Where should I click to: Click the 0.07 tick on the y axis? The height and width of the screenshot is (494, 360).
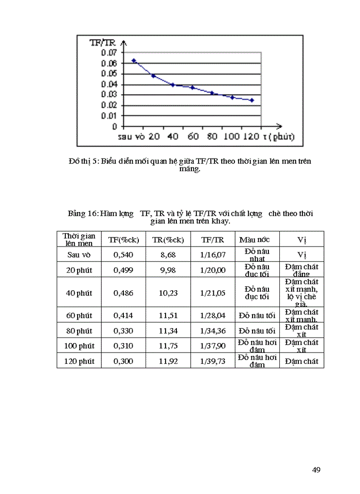click(109, 52)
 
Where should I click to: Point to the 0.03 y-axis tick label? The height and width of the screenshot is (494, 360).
click(109, 95)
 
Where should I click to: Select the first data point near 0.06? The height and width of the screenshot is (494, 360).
click(134, 60)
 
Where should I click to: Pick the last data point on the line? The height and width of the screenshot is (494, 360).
click(252, 100)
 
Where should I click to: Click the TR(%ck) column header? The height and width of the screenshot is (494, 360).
click(168, 239)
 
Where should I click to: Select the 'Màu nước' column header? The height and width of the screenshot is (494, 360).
click(257, 239)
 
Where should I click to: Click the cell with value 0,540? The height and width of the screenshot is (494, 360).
click(123, 255)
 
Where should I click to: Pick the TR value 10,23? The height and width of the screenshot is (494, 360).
click(168, 293)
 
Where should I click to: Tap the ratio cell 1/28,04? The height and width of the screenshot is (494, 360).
click(213, 315)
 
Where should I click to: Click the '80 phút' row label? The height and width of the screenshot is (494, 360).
click(79, 331)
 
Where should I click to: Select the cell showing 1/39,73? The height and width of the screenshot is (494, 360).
click(213, 361)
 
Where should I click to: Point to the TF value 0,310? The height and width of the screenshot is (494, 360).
click(123, 346)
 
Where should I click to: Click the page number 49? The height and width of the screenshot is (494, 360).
click(316, 469)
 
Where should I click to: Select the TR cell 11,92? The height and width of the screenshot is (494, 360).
click(168, 361)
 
